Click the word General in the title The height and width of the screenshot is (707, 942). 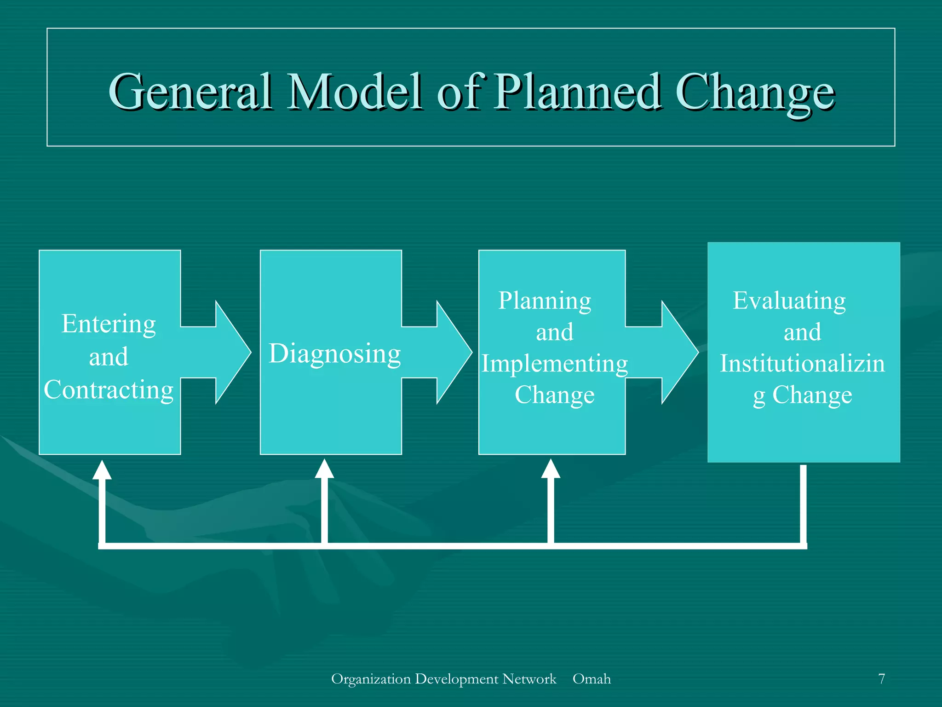coord(190,92)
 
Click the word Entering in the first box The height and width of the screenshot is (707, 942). coord(109,324)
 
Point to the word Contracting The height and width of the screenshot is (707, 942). coord(109,390)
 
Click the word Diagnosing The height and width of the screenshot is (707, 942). coord(335,353)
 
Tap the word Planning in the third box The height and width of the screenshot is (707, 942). coord(545,301)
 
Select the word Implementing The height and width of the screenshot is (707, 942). coord(555,364)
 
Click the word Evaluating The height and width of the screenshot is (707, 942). coord(789,301)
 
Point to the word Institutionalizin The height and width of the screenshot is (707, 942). coord(802,364)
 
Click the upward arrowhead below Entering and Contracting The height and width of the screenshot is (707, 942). coord(102,470)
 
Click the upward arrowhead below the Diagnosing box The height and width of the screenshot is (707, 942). coord(324,469)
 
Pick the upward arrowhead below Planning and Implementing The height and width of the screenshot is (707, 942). coord(551,469)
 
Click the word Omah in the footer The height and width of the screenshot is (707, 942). coord(592,679)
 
